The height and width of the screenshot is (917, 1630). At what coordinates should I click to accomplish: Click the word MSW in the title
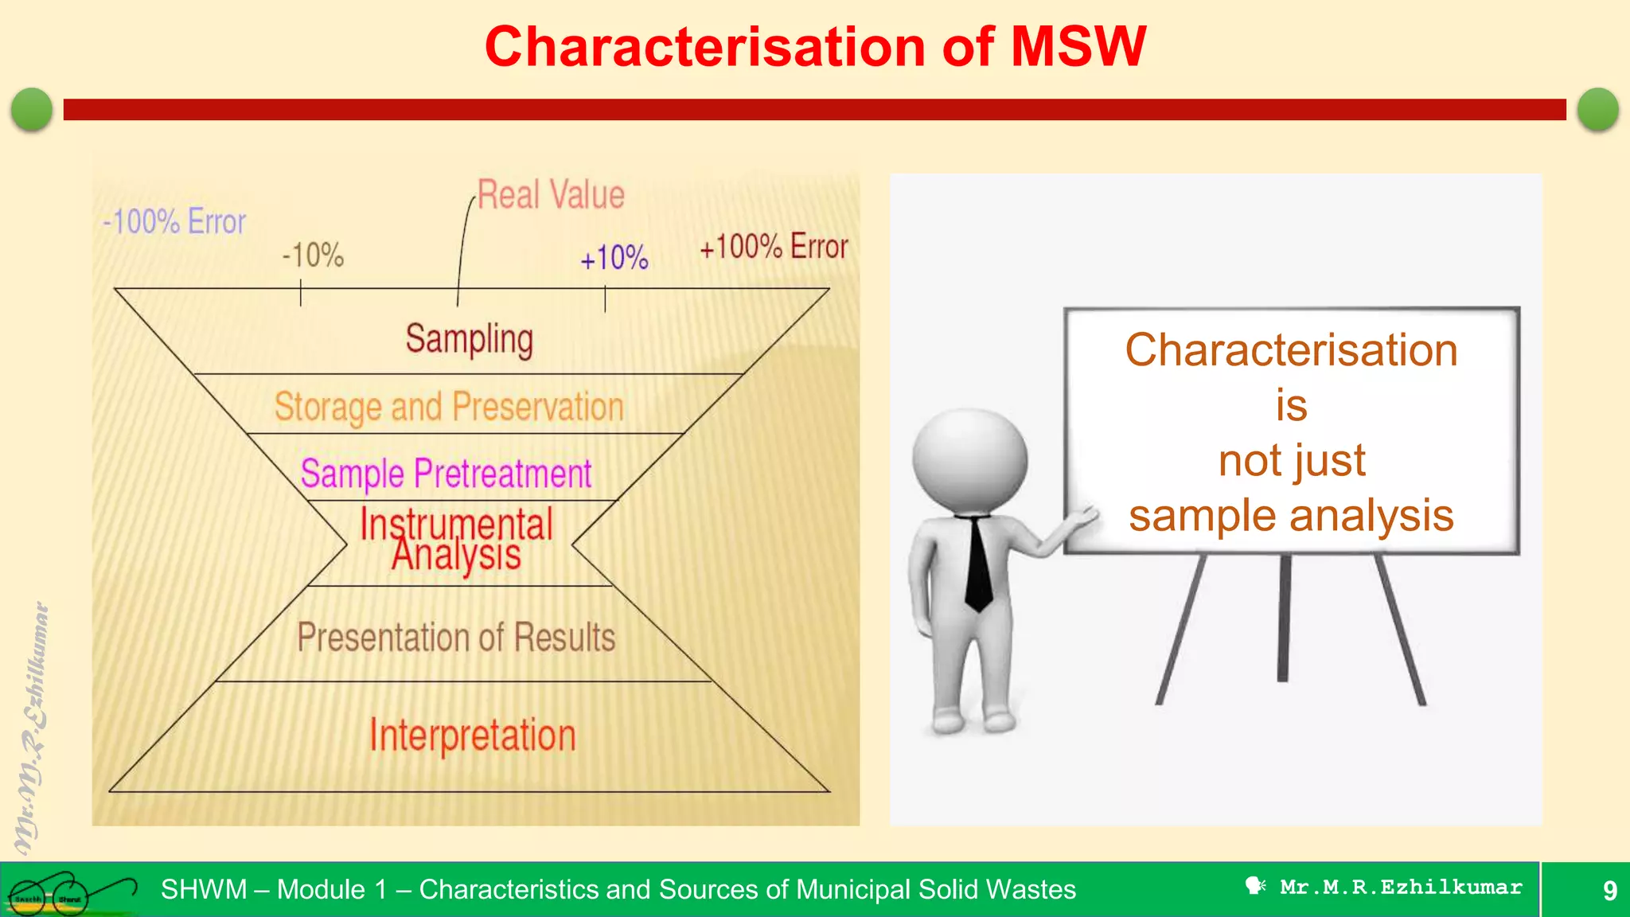click(x=1078, y=46)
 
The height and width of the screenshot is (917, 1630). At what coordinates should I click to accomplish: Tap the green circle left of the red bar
click(x=32, y=109)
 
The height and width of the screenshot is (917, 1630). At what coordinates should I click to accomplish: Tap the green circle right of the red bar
click(x=1597, y=109)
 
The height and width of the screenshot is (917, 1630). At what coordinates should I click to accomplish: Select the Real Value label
click(x=551, y=195)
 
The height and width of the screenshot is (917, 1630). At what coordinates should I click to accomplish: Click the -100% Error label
click(x=174, y=221)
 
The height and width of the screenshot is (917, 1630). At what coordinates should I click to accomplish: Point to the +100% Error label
click(x=774, y=247)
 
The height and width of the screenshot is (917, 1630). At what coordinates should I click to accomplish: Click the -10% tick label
click(x=313, y=256)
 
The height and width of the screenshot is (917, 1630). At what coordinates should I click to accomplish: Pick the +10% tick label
click(x=614, y=258)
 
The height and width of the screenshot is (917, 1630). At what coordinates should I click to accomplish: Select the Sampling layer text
click(x=469, y=339)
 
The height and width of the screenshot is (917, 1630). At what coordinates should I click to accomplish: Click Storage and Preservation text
click(x=449, y=407)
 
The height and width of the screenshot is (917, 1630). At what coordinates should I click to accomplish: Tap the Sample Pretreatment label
click(x=446, y=474)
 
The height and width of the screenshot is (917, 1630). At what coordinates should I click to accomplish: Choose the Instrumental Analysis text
click(x=456, y=539)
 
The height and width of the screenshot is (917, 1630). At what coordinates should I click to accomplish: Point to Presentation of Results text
click(x=456, y=638)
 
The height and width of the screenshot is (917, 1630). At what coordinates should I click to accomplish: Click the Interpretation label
click(x=472, y=735)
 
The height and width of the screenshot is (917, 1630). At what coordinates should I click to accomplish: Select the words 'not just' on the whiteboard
click(x=1291, y=461)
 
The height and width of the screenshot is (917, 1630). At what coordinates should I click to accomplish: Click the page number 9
click(x=1609, y=890)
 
